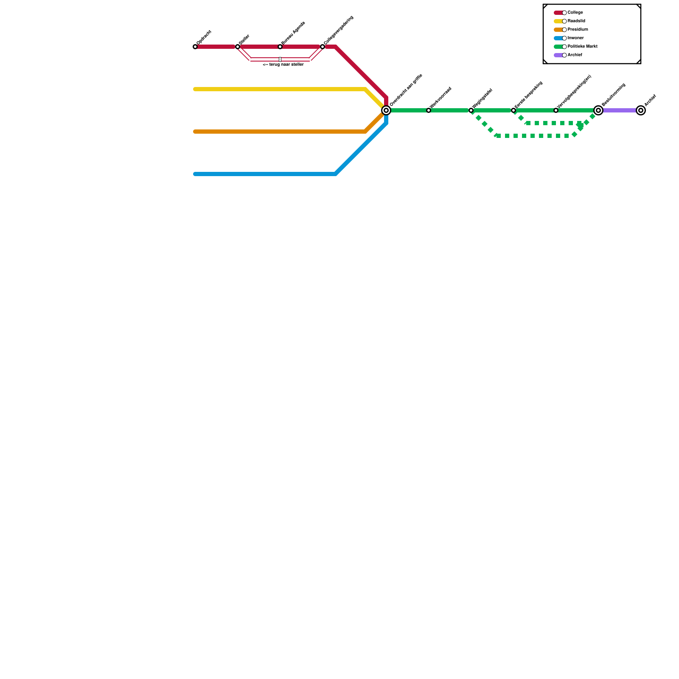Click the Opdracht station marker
click(x=195, y=47)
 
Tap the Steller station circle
click(x=238, y=47)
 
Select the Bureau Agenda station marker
click(x=280, y=47)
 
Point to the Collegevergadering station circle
click(x=323, y=47)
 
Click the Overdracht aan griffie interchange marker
click(x=386, y=110)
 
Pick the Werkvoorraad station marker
click(x=429, y=110)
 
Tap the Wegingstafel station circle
click(x=471, y=110)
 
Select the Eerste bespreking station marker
click(x=513, y=110)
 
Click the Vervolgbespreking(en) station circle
click(x=556, y=110)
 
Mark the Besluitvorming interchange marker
click(x=598, y=110)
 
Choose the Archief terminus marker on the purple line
click(x=641, y=110)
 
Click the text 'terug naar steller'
click(x=283, y=65)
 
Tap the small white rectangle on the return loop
click(x=280, y=59)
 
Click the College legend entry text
click(x=575, y=13)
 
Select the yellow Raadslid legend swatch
click(x=558, y=21)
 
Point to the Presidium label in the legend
click(x=578, y=30)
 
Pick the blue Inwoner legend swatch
click(x=558, y=38)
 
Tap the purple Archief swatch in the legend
click(x=558, y=55)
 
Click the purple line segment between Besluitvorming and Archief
click(x=620, y=110)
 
